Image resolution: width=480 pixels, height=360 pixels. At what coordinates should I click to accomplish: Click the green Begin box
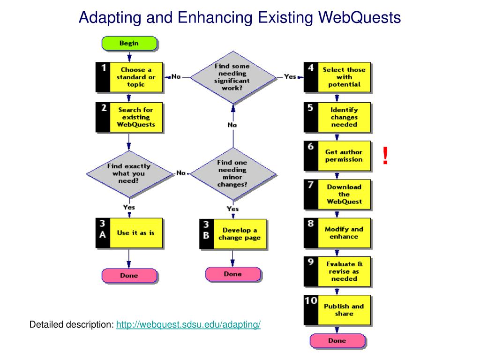tap(129, 44)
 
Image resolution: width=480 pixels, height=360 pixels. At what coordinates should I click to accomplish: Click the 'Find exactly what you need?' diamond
tap(128, 173)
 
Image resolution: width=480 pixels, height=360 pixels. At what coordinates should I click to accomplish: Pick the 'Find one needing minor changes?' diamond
tap(232, 173)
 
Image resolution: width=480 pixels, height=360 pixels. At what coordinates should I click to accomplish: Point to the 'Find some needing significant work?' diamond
tap(232, 77)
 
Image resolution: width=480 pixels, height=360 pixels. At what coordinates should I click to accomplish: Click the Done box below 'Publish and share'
tap(337, 341)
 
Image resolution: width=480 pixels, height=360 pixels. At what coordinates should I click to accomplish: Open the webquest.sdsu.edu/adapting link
tap(188, 325)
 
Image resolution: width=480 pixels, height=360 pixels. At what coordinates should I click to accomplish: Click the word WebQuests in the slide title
tap(360, 17)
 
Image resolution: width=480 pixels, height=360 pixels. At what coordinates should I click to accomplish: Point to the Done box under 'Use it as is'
tap(129, 276)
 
